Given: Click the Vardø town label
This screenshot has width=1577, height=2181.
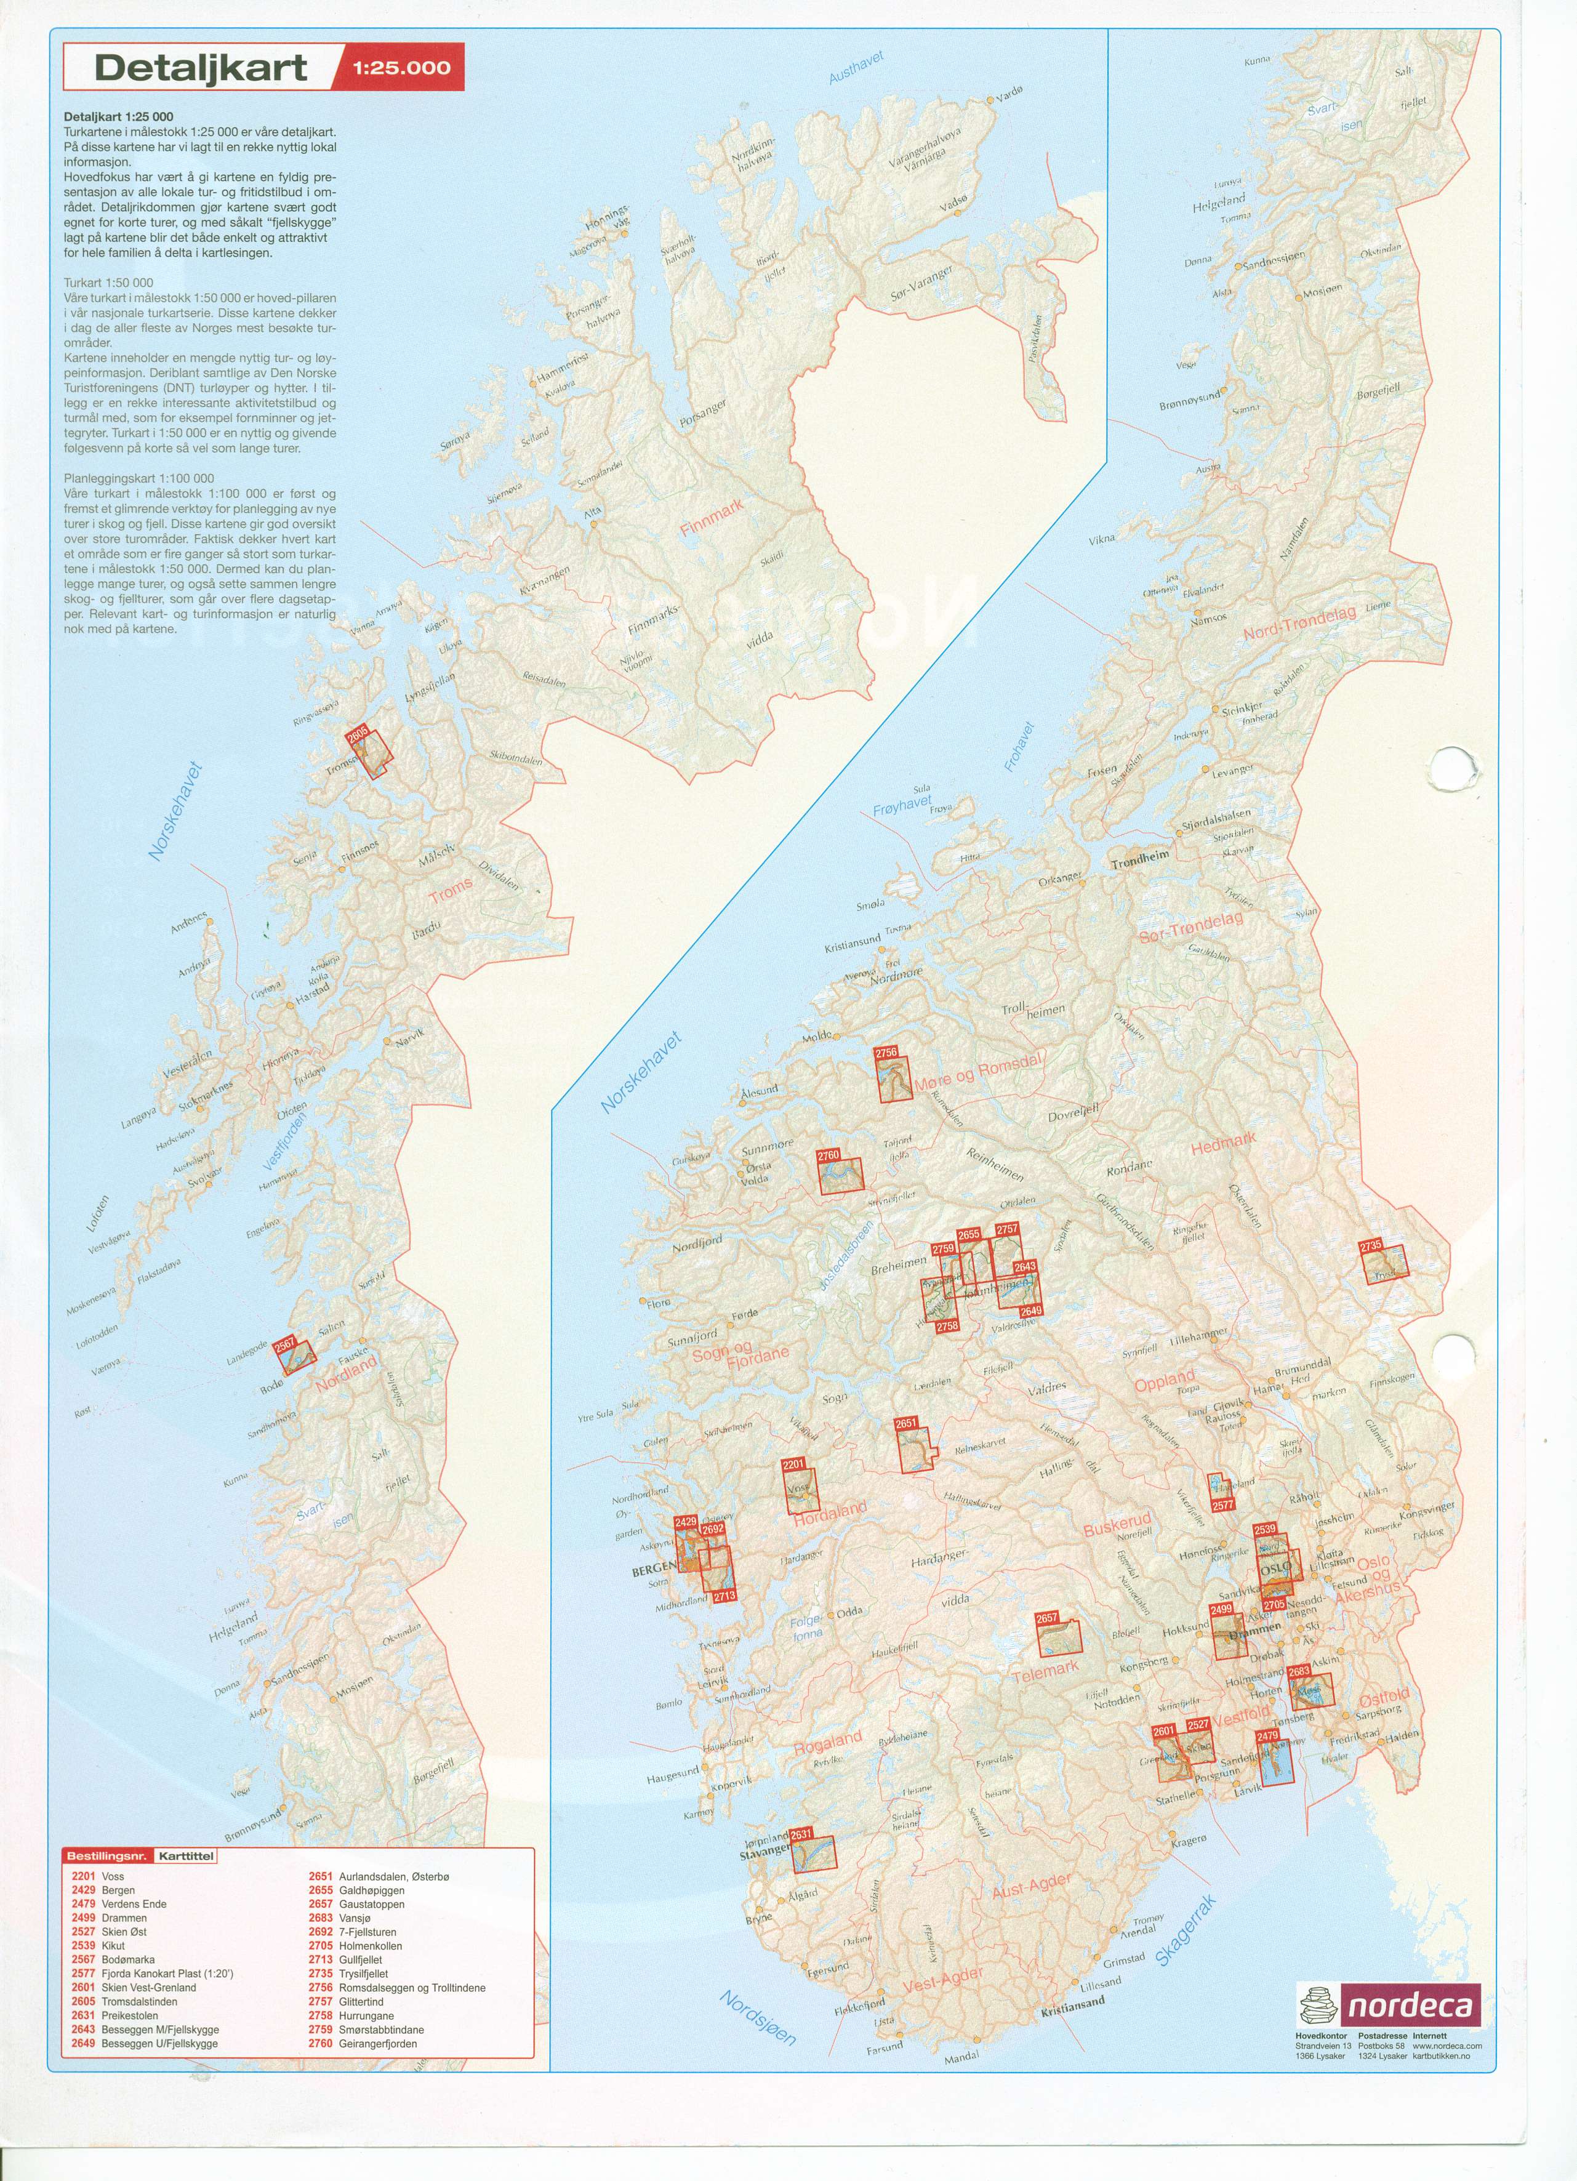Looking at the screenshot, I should tap(1009, 95).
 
